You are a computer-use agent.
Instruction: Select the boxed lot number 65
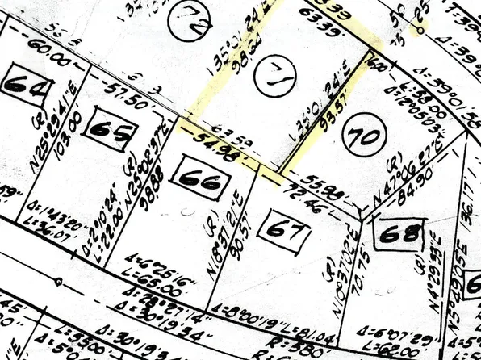pyautogui.click(x=110, y=129)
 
